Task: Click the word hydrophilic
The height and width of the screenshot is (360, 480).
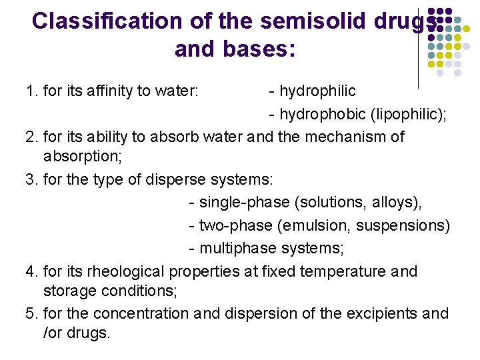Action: coord(317,91)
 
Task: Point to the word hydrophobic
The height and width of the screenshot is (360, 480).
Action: coord(319,114)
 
